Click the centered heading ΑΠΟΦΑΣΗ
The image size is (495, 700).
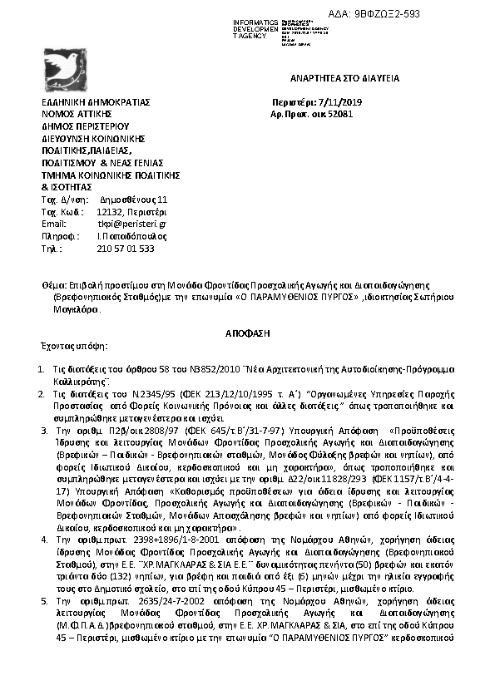click(248, 333)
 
